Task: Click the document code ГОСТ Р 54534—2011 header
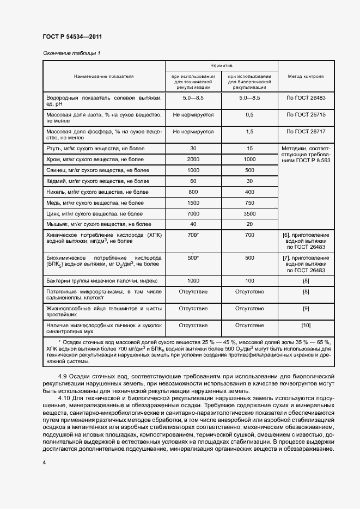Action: tap(72, 37)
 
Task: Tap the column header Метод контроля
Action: tap(306, 77)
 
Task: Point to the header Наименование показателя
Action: tap(104, 77)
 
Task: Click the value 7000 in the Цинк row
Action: tap(193, 213)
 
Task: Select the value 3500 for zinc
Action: tap(249, 213)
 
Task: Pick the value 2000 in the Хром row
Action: tap(193, 159)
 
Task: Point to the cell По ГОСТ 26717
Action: tap(306, 131)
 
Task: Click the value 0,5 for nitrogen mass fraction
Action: tap(249, 115)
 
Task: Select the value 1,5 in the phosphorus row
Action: tap(249, 131)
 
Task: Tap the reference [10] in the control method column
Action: tap(306, 326)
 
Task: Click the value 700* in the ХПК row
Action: tap(193, 235)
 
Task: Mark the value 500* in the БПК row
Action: tap(193, 258)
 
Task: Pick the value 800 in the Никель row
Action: tap(193, 192)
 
